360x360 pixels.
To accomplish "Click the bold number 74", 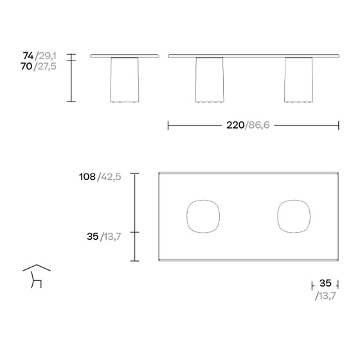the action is (28, 55).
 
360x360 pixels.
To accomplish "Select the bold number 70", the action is (26, 66).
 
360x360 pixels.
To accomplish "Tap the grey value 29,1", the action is (48, 56).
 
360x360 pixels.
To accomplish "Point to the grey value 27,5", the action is (47, 66).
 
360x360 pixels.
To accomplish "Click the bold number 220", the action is (235, 125).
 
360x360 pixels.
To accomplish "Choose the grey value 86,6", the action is (259, 125).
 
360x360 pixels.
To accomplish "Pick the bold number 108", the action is (87, 177).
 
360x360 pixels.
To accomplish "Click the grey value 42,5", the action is (111, 177).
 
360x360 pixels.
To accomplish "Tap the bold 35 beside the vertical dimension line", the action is (93, 237).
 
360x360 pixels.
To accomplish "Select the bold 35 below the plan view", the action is (325, 283).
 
